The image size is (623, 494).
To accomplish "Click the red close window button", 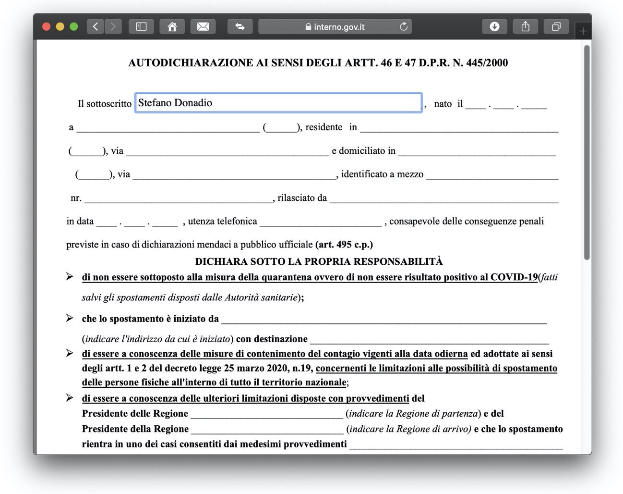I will click(47, 26).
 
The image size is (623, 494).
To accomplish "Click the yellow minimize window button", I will click(60, 26).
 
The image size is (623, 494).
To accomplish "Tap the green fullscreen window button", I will click(73, 26).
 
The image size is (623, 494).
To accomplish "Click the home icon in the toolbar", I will click(172, 26).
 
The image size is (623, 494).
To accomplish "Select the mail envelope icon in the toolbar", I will click(203, 26).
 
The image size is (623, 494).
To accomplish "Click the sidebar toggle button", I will click(141, 26).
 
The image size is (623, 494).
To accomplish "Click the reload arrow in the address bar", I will click(404, 26).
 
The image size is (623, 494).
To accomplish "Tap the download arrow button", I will click(494, 26).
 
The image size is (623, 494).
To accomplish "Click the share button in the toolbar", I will click(526, 26).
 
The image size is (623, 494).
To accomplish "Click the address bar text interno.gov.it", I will click(339, 27).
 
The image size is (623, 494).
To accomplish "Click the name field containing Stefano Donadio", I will click(278, 103).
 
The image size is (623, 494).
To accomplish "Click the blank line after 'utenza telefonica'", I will click(321, 222).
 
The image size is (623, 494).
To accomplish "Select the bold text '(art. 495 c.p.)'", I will click(344, 245).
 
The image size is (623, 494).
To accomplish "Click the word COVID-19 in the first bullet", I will click(514, 277).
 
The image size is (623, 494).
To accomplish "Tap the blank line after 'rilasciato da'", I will click(444, 199).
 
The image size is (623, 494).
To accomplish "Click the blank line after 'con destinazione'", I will click(429, 340).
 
